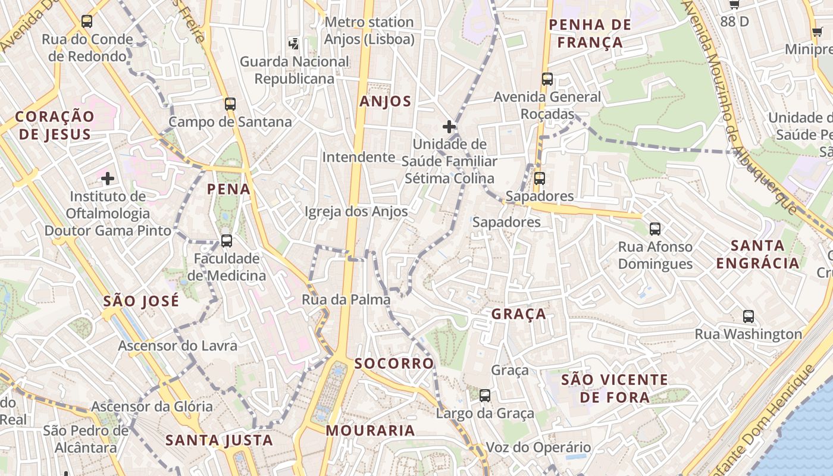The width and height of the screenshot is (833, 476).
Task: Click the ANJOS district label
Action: coord(386,102)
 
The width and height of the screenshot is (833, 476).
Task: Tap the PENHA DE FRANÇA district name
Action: coord(590,33)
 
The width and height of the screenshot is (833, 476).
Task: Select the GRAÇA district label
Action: coord(519,314)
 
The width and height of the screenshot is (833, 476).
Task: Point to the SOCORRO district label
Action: coord(394,364)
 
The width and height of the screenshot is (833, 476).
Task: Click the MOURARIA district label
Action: coord(370,431)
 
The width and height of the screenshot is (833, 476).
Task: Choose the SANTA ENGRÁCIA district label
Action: coord(757,254)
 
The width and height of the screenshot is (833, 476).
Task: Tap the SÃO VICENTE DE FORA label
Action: coord(615,389)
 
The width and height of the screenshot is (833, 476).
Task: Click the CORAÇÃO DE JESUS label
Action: coord(55,125)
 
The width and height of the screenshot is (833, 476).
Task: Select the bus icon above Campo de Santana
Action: coord(230,104)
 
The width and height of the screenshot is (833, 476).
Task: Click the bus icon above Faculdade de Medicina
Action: coord(227,241)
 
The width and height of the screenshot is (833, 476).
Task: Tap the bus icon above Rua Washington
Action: coord(749,317)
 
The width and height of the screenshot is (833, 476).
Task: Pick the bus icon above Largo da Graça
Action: coord(485,395)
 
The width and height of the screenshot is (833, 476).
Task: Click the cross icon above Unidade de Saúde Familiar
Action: coord(449,127)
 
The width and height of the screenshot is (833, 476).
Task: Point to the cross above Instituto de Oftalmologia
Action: coord(108,178)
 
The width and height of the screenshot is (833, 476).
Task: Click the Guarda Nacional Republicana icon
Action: coord(294,43)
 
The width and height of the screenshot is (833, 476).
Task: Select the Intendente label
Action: coord(359,158)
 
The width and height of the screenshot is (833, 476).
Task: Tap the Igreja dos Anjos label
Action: coord(356,212)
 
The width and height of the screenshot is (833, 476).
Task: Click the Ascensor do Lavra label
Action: coord(177,346)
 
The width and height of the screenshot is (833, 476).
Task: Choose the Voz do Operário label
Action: coord(538,447)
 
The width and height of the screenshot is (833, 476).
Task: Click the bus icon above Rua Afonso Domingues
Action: coord(655,228)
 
